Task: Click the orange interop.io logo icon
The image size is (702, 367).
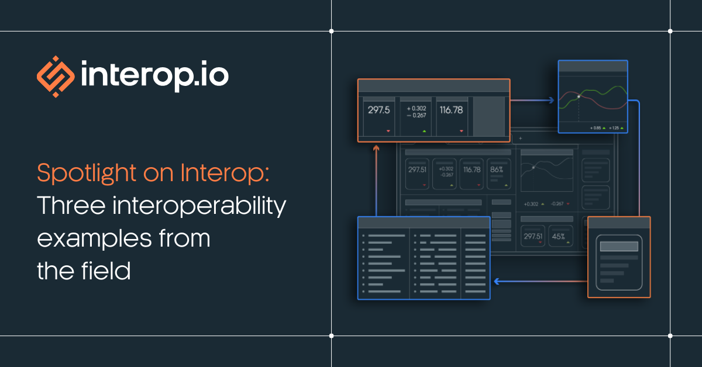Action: [x=56, y=77]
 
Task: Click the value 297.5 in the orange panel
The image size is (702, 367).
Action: [x=378, y=110]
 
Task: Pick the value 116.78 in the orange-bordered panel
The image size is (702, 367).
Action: [x=451, y=110]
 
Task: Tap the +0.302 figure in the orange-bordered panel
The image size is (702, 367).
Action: [x=416, y=108]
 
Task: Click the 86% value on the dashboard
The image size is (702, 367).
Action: [x=497, y=170]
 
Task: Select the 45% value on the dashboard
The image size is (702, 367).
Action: [x=558, y=237]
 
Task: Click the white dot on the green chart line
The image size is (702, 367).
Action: [x=579, y=96]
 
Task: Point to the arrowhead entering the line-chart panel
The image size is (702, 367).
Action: [x=551, y=101]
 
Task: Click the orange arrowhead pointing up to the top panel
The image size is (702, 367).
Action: [x=376, y=148]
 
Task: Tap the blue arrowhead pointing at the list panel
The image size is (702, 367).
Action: [x=496, y=281]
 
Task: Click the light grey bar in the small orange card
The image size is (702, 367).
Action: [x=619, y=246]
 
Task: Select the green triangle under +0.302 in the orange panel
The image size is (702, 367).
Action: [x=424, y=131]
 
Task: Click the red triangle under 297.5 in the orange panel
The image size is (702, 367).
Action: [x=388, y=131]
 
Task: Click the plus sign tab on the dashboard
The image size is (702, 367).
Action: [x=520, y=139]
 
